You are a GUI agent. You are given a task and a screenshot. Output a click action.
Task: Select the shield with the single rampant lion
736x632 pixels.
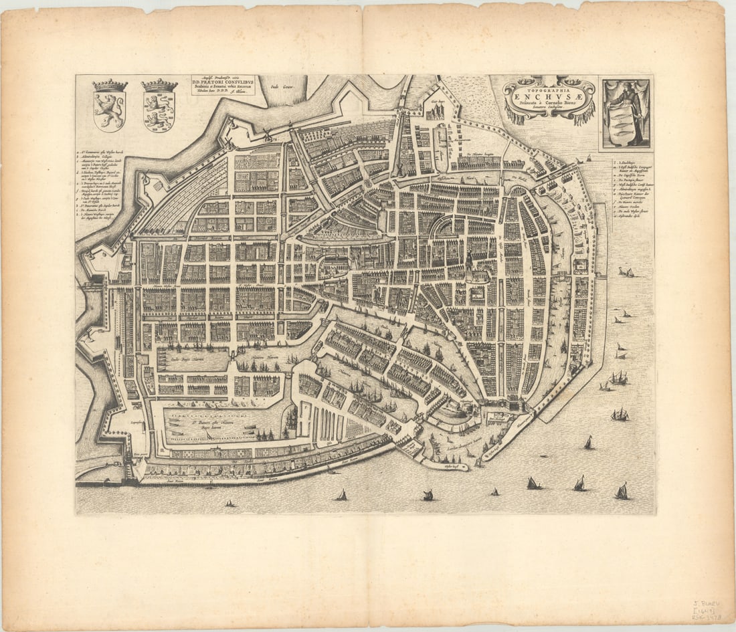(109, 111)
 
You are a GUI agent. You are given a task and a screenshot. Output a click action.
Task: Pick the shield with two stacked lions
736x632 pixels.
(159, 111)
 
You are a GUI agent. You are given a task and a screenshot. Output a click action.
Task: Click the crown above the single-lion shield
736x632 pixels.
(110, 86)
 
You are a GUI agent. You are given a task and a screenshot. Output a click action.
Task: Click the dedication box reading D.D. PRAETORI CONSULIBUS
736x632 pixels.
(223, 85)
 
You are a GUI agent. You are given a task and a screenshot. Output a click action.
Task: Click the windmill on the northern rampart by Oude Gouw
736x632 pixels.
(290, 124)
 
